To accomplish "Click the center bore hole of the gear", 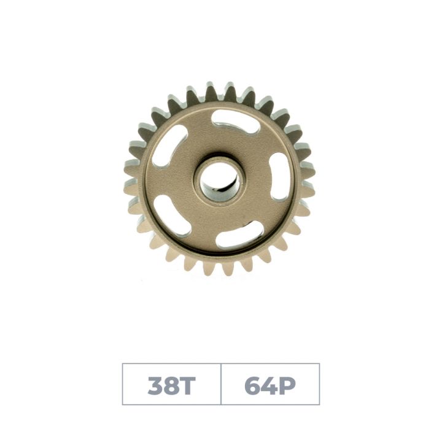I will point(220,179).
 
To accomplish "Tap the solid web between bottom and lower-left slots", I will point(203,236).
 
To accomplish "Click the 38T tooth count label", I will point(171,385).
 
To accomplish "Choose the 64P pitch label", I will point(270,385).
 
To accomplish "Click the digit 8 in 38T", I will point(171,385).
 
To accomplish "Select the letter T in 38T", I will point(187,385).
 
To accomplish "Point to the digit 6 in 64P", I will point(253,385).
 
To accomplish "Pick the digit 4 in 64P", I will point(270,385).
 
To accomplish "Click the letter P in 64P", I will point(287,385).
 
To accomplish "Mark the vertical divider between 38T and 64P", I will point(221,384).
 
